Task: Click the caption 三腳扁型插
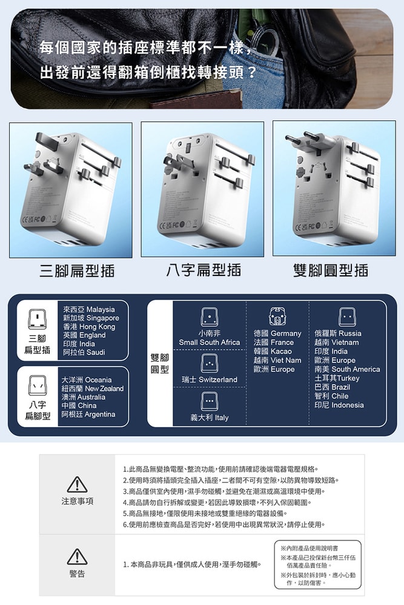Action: tap(77, 270)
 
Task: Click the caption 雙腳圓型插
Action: tap(330, 270)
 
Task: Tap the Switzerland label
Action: tap(209, 379)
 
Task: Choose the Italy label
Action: tap(209, 417)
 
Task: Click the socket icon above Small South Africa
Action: tap(209, 316)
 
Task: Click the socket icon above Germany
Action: tap(277, 316)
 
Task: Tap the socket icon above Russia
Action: tap(346, 316)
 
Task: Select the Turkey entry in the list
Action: tap(337, 378)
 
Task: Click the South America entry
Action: tap(347, 369)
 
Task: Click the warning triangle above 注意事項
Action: tap(77, 485)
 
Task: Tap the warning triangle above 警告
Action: tap(77, 557)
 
